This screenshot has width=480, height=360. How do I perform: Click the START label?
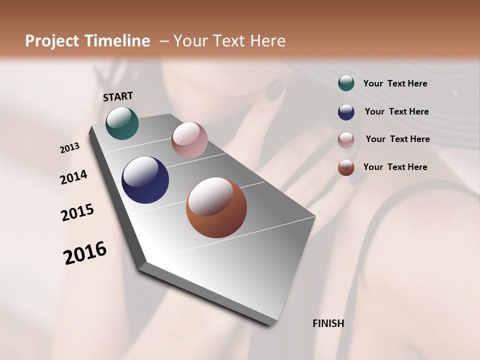click(118, 96)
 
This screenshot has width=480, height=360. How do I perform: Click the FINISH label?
click(328, 323)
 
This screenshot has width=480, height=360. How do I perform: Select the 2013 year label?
click(70, 148)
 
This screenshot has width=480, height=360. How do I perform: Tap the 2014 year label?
click(73, 177)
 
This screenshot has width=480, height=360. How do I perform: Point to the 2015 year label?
click(77, 212)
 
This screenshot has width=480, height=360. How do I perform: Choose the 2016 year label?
click(85, 252)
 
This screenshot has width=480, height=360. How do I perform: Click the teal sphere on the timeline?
click(122, 123)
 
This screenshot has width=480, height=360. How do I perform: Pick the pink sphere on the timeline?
click(189, 140)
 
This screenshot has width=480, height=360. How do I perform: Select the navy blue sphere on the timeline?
click(145, 180)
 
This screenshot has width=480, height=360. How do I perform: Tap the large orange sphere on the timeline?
click(216, 207)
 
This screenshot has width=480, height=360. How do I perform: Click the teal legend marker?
click(346, 83)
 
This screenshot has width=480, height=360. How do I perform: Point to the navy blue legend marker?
click(346, 112)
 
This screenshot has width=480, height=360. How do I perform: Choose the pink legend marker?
click(346, 140)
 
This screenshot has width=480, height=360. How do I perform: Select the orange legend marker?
click(346, 167)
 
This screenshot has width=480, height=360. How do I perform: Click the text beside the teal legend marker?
click(395, 84)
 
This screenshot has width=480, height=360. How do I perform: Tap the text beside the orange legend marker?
click(395, 167)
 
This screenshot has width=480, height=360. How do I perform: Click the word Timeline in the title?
click(118, 41)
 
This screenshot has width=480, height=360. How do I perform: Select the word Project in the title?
click(53, 41)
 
